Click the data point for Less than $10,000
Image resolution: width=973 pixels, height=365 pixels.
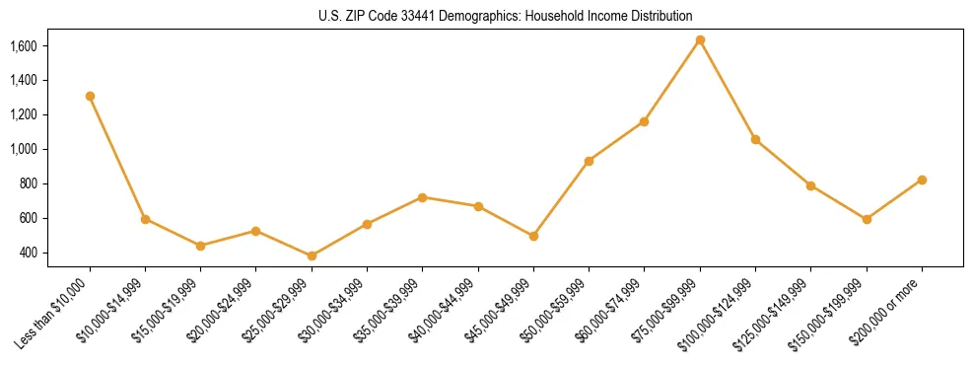tap(90, 96)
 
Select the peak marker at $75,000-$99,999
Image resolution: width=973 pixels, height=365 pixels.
tap(700, 39)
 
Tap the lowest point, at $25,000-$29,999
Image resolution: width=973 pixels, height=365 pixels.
tap(312, 255)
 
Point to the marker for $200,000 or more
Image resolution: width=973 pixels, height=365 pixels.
tap(922, 180)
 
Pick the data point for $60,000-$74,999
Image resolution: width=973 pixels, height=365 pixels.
tap(645, 121)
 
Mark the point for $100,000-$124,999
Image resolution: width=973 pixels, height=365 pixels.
tap(755, 139)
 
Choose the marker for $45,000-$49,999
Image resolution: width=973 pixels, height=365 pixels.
tap(533, 236)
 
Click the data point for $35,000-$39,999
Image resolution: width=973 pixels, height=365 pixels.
tap(423, 197)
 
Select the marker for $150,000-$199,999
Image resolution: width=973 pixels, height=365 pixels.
tap(867, 219)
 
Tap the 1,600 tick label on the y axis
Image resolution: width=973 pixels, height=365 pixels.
tap(23, 45)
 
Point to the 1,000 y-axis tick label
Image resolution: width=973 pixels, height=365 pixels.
tap(23, 149)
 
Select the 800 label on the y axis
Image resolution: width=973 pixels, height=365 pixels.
tap(28, 183)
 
